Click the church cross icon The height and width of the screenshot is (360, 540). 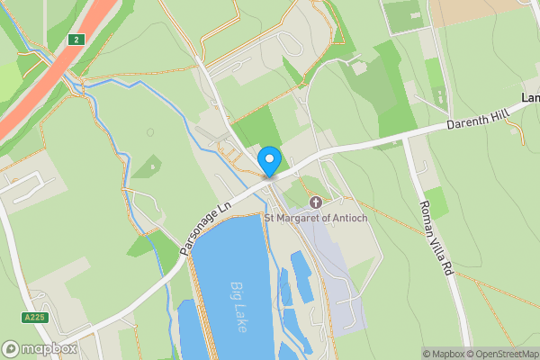pos(315,203)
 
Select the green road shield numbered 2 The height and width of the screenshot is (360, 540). pos(77,39)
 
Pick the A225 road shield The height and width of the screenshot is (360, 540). pos(34,318)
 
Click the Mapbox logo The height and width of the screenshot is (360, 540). pos(36,349)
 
